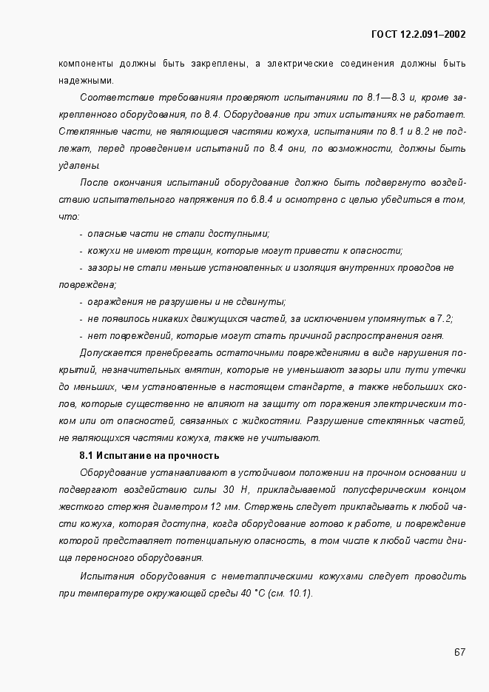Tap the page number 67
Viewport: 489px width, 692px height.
point(459,652)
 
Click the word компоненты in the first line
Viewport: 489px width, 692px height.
point(85,63)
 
